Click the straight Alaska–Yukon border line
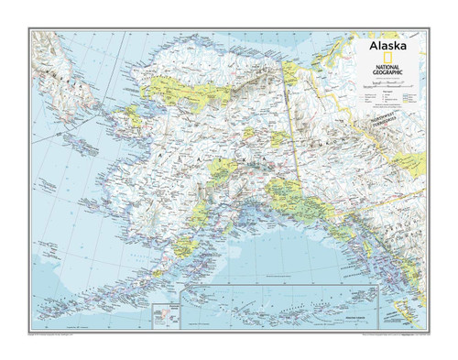click(296, 137)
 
